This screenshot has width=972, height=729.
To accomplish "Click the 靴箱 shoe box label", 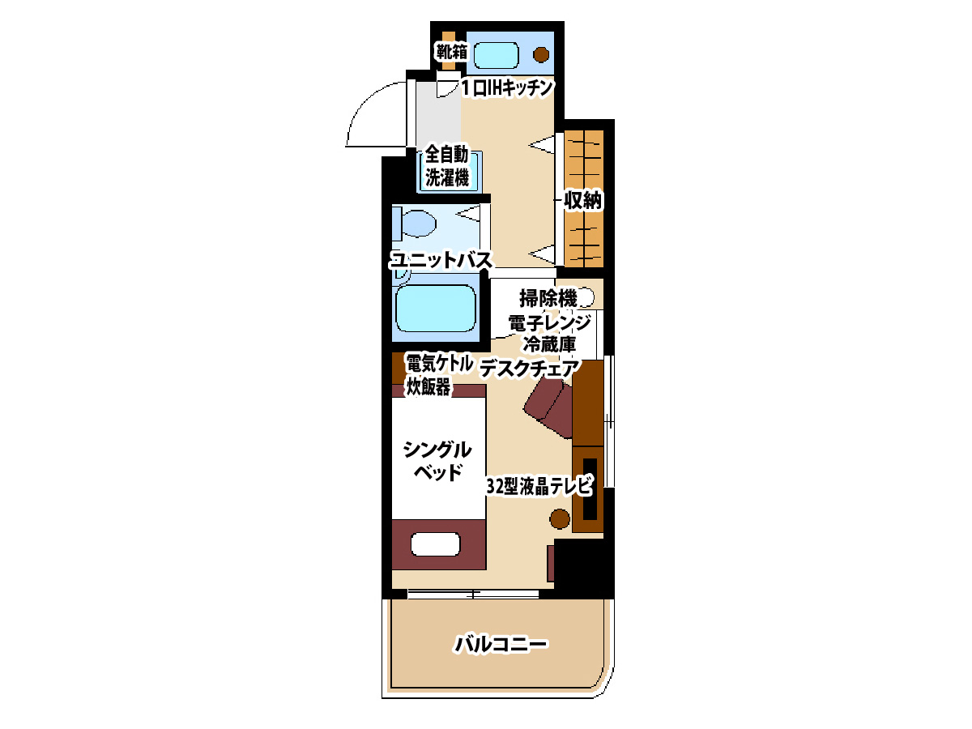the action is click(452, 52).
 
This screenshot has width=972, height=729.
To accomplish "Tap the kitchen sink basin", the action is click(496, 55).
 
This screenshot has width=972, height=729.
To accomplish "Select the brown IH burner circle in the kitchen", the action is click(541, 55).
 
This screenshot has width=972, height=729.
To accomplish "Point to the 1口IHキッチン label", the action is click(507, 88).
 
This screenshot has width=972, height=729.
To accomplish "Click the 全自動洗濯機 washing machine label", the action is click(447, 166).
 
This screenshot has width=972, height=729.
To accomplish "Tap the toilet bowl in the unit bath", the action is click(419, 224).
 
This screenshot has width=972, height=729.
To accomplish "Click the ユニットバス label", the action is click(441, 260).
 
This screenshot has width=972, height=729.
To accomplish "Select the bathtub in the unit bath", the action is click(435, 308).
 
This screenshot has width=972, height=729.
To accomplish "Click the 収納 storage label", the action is click(582, 201).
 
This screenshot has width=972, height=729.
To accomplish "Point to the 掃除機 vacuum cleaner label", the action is click(548, 298).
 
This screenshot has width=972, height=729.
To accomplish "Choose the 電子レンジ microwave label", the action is click(549, 322).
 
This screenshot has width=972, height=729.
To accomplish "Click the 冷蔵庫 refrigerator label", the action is click(549, 344).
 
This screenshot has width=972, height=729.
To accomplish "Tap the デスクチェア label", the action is click(530, 369).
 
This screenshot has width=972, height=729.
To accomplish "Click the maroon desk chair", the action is click(549, 409).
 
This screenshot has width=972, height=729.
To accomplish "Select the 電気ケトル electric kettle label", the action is click(439, 364).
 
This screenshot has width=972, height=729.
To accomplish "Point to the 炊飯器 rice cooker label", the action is click(428, 387).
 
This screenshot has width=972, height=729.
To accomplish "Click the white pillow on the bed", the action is click(435, 544).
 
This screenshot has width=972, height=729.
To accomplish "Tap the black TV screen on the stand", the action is click(590, 489).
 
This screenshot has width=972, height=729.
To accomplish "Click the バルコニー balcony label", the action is click(501, 645).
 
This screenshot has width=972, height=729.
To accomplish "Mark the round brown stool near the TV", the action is click(560, 518).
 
